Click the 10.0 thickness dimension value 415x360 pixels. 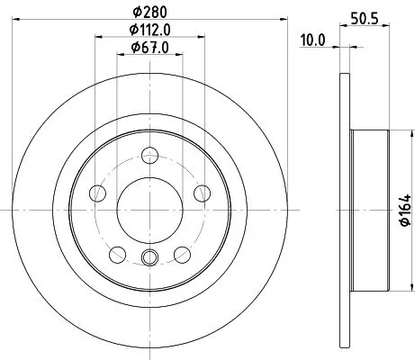pyautogui.click(x=311, y=40)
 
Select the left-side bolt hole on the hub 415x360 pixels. pyautogui.click(x=95, y=193)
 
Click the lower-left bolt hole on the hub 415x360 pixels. pyautogui.click(x=115, y=252)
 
